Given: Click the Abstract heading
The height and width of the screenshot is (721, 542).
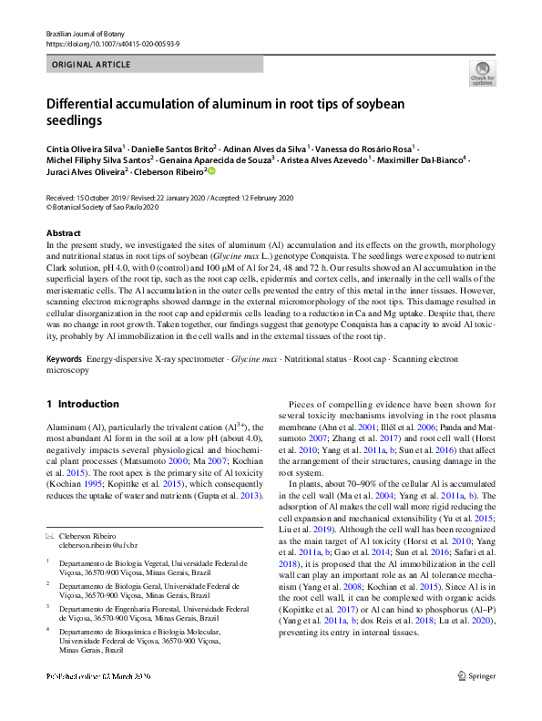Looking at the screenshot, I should coord(62,233).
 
